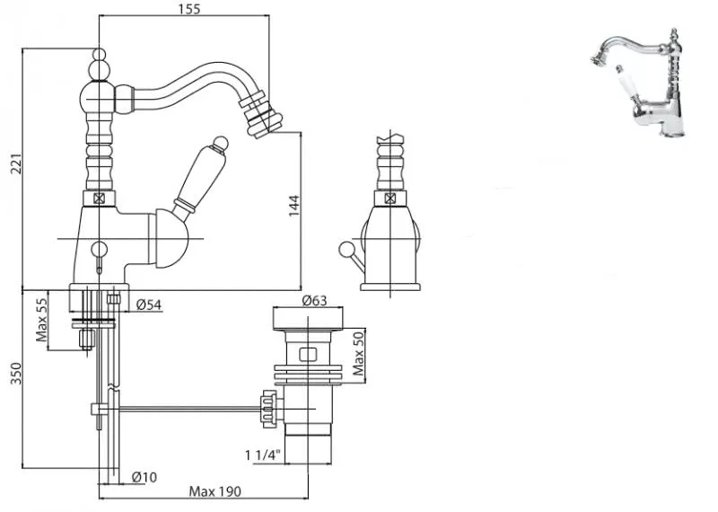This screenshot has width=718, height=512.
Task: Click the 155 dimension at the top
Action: click(x=189, y=9)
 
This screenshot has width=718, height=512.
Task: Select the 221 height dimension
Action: click(x=16, y=163)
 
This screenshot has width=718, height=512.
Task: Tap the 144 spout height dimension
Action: click(x=294, y=206)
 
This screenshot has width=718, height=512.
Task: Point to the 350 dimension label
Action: click(x=16, y=374)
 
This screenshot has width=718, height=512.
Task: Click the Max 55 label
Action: click(x=41, y=320)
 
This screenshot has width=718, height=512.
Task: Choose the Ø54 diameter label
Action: click(x=149, y=305)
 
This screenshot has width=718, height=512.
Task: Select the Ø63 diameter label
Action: click(x=315, y=300)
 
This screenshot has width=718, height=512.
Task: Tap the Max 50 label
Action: click(x=359, y=353)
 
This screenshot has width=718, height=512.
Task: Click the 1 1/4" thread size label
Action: click(x=262, y=455)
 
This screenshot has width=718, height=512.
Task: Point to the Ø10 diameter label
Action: click(x=144, y=477)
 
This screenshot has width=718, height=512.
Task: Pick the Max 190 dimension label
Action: click(x=215, y=492)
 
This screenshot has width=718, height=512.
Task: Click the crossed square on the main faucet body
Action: click(x=99, y=199)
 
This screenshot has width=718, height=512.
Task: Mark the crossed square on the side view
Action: click(x=390, y=199)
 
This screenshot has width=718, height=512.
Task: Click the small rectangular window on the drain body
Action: click(x=308, y=354)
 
